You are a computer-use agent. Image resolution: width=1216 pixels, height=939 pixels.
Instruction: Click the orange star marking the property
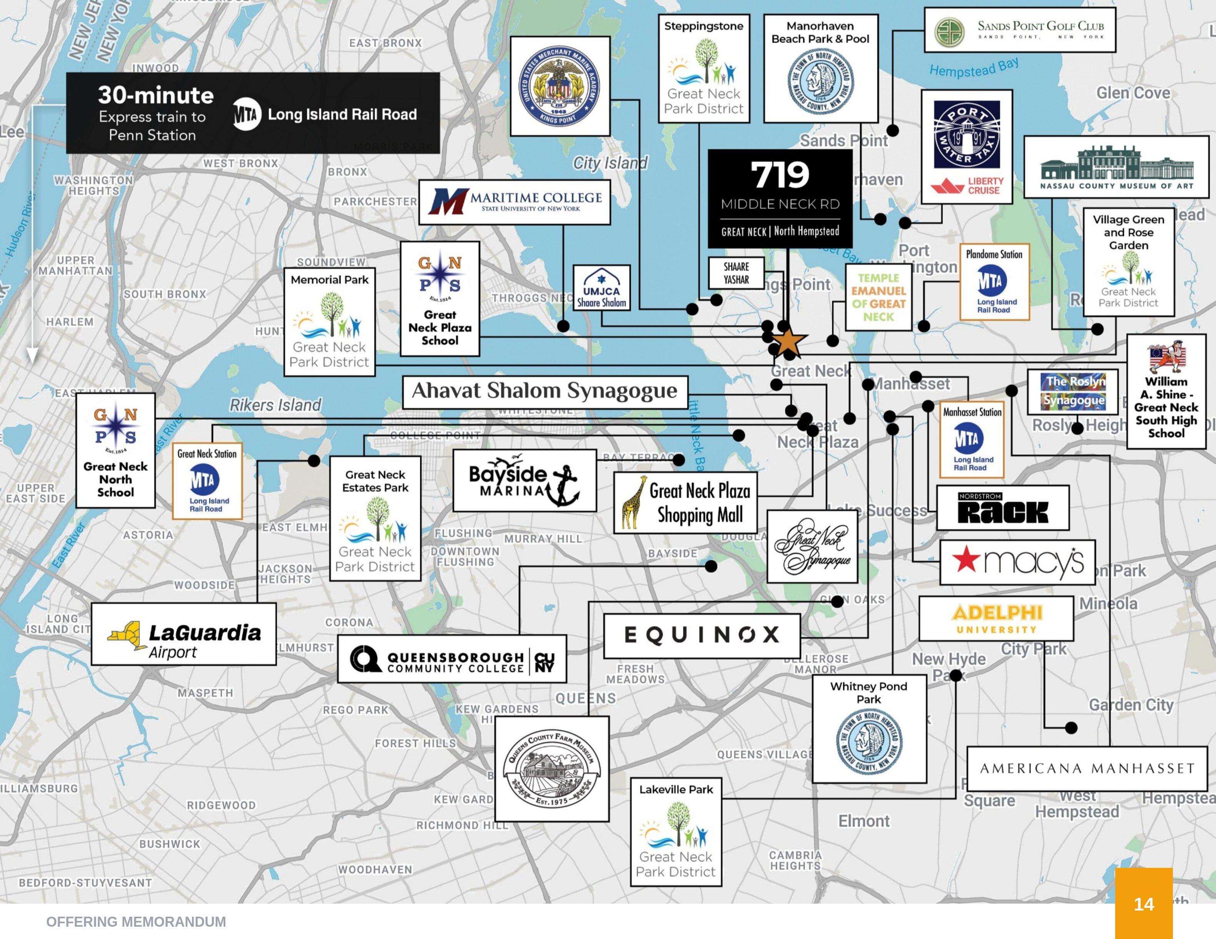tap(788, 342)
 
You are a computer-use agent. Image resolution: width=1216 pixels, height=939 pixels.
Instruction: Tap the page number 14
tap(1144, 904)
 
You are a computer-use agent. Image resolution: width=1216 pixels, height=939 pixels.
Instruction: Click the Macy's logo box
tap(1017, 562)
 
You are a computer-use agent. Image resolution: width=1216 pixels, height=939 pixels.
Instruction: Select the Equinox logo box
tap(702, 635)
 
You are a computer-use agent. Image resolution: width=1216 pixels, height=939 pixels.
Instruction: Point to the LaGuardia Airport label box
tap(184, 634)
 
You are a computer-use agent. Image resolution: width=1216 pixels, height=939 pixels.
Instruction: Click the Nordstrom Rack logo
tap(1003, 508)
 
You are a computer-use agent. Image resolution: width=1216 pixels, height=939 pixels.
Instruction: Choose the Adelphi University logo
tap(996, 619)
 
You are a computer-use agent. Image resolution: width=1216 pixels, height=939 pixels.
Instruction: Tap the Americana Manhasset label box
tap(1087, 769)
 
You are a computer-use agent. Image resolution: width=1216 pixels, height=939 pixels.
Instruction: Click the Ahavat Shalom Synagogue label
tap(545, 391)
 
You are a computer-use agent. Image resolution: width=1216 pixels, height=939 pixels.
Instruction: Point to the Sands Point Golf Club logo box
tap(1020, 30)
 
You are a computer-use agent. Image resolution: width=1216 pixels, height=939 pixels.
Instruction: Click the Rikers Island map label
tap(276, 405)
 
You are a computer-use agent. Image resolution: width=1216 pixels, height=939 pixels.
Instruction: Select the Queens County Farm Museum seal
tap(552, 769)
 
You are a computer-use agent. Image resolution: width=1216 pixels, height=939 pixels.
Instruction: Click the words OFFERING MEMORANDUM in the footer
tap(136, 922)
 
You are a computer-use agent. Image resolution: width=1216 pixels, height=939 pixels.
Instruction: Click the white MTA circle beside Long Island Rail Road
tap(247, 114)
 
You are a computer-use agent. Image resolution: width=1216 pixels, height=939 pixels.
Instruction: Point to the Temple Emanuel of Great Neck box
tap(878, 297)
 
